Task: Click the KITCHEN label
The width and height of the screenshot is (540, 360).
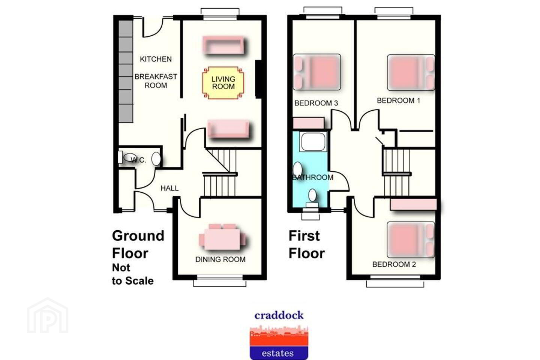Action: tap(156, 59)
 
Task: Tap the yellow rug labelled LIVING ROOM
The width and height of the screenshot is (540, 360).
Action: tap(223, 83)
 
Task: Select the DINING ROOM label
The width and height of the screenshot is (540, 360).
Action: tap(220, 259)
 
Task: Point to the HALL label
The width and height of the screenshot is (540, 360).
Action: tap(169, 188)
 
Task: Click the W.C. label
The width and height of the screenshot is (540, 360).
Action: tap(138, 160)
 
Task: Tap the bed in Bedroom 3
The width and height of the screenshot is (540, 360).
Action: tap(317, 72)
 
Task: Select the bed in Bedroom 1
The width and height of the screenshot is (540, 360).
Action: tap(411, 72)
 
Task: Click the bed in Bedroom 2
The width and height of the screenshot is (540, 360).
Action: tap(411, 240)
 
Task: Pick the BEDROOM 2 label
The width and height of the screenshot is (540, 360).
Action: tap(394, 264)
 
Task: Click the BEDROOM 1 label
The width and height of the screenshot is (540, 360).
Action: tap(399, 100)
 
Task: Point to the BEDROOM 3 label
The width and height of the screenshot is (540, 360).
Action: tap(316, 103)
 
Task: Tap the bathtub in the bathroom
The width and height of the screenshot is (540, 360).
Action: tap(313, 142)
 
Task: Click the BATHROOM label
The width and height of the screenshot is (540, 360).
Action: tap(313, 177)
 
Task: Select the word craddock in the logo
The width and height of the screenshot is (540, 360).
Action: tap(279, 315)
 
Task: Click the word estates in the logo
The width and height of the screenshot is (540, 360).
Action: tap(278, 353)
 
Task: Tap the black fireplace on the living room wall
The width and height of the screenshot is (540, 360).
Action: tap(258, 79)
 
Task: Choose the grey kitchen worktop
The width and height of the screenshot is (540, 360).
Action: tap(126, 71)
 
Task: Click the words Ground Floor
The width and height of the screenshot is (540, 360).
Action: tap(138, 244)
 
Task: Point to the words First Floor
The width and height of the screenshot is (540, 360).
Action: tap(307, 244)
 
